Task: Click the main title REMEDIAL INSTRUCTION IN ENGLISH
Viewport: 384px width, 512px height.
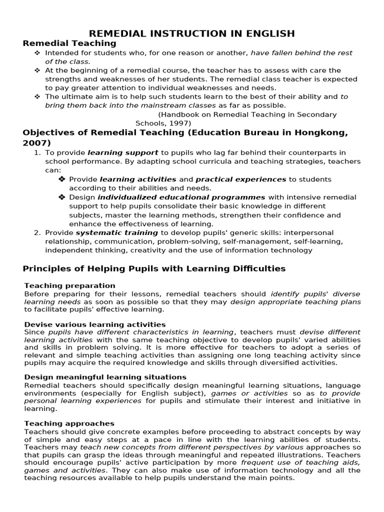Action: coord(191,33)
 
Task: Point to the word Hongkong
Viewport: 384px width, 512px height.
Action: coord(319,132)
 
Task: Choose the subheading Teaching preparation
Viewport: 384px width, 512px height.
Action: coord(69,285)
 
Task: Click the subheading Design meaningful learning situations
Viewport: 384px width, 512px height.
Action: coord(105,377)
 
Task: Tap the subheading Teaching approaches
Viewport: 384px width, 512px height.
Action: coord(69,423)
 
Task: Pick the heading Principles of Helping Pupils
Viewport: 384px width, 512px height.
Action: coord(154,268)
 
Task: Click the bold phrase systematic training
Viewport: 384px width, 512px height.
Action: coord(116,232)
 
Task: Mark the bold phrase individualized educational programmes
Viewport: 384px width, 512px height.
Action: coord(181,197)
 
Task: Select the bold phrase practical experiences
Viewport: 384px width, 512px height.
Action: coord(240,179)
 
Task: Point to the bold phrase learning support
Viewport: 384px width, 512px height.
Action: coord(123,152)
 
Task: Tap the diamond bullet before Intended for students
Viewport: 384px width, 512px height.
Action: coord(37,53)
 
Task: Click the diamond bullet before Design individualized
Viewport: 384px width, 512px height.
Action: coord(61,197)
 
